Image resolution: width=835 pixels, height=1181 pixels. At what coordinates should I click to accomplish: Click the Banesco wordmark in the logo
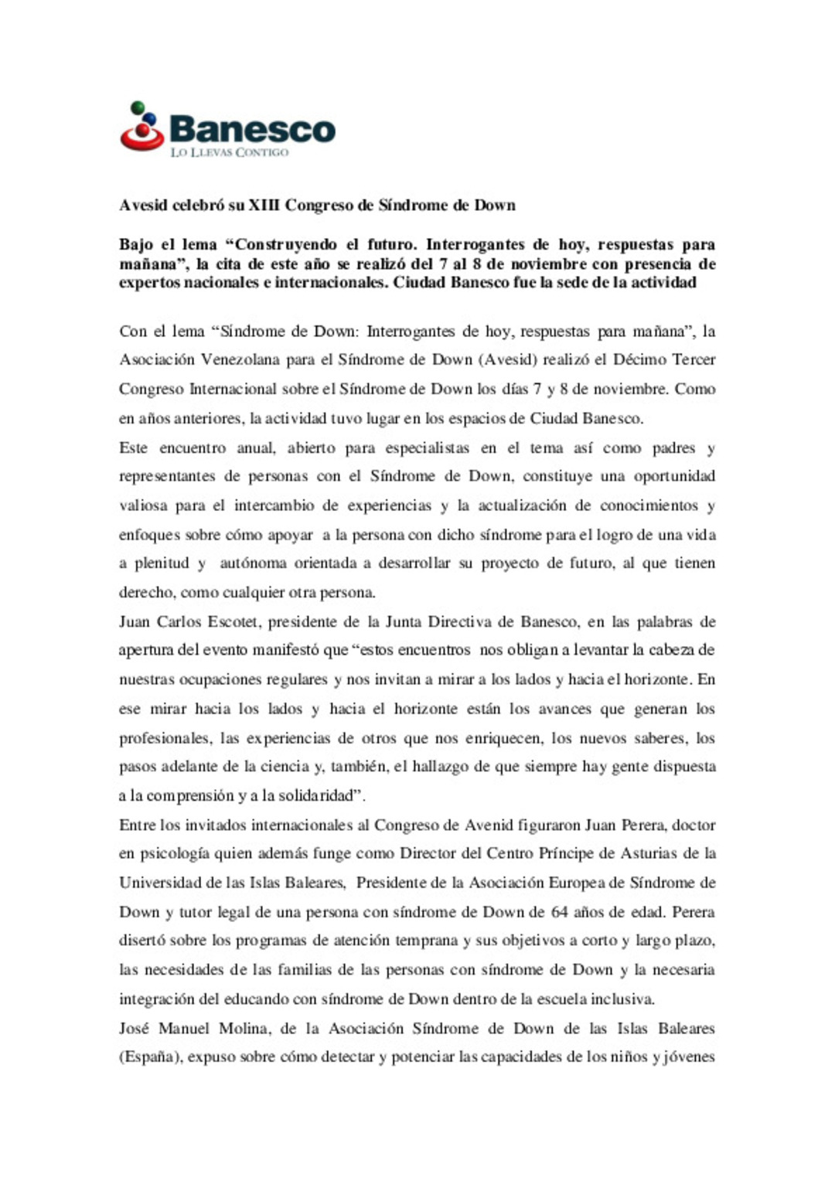(x=252, y=129)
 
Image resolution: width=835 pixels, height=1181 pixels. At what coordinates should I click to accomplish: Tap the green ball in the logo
(x=138, y=107)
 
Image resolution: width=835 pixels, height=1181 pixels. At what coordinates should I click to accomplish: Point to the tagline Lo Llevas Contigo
(x=229, y=152)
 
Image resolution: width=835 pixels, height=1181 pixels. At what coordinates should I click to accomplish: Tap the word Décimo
(x=639, y=359)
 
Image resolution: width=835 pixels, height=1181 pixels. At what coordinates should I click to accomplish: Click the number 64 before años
(x=559, y=912)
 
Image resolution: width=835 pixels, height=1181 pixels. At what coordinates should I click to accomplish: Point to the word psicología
(x=174, y=854)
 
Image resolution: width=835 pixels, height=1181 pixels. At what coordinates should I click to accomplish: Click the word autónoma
(x=253, y=563)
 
